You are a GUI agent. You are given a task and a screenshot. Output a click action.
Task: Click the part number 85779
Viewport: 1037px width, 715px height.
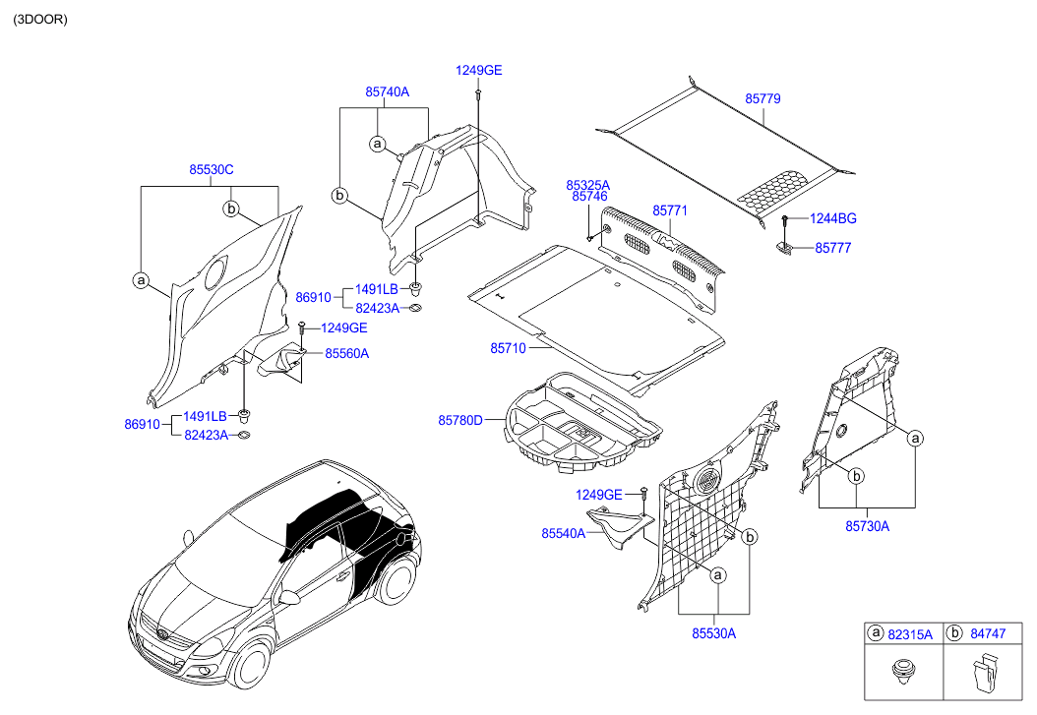pos(762,99)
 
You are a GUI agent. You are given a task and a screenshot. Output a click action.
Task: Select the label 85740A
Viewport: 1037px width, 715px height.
pos(387,91)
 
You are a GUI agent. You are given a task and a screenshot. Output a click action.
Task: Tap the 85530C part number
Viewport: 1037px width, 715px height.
pos(212,169)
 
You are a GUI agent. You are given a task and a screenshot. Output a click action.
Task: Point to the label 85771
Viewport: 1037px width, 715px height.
pos(670,210)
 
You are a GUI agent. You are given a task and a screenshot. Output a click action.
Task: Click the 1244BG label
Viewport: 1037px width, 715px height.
pos(832,218)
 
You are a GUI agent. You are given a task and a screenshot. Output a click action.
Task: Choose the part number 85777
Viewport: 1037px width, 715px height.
pos(832,248)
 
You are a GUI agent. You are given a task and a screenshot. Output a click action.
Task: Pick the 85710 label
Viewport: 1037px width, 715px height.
pos(509,348)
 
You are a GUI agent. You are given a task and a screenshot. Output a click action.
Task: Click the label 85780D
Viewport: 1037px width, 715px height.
pos(460,420)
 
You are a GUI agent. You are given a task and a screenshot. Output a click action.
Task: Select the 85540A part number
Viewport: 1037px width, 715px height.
pos(563,533)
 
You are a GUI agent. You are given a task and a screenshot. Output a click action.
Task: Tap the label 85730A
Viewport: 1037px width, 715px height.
pos(866,526)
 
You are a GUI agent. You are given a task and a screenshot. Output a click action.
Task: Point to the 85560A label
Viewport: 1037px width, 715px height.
pos(346,352)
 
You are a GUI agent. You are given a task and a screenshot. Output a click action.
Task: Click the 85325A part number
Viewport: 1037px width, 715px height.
pos(587,185)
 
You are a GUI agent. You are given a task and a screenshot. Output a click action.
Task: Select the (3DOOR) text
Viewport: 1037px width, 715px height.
pos(40,19)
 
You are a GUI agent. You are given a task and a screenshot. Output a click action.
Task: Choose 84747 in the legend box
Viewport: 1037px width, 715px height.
pos(987,634)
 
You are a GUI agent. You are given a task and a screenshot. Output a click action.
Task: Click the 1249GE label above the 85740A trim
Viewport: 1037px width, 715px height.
pos(478,70)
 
